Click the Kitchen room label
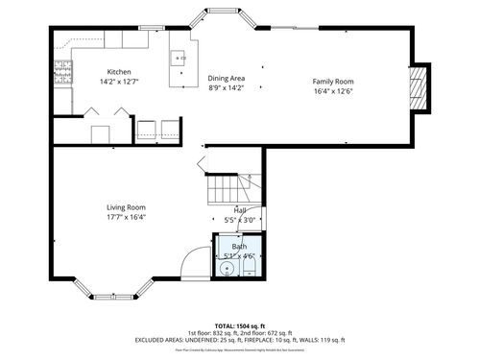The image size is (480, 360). (119, 72)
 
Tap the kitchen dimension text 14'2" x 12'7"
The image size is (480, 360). (119, 82)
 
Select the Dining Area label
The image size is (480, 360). (227, 79)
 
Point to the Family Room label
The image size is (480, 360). (333, 82)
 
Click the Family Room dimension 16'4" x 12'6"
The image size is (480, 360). (333, 91)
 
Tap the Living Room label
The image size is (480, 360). (126, 207)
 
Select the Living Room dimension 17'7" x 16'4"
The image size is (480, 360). (126, 217)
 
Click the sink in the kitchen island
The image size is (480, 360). (178, 59)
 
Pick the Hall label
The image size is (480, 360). (240, 210)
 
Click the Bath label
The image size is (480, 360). (240, 248)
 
